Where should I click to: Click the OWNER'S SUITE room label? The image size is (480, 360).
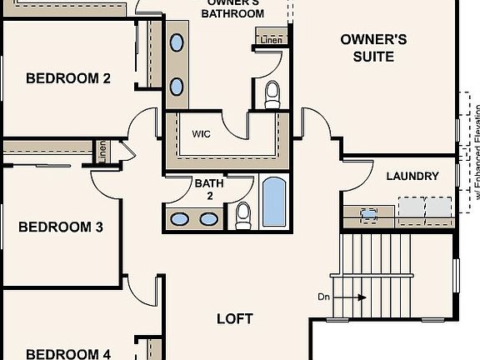(373, 47)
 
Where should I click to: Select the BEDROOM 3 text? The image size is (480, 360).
(60, 227)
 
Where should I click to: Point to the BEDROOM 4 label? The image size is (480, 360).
(68, 354)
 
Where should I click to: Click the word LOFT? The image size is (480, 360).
(234, 318)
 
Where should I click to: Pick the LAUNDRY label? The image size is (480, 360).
(412, 176)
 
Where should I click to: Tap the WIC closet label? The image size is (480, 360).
(201, 133)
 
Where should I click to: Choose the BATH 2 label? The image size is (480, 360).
(208, 188)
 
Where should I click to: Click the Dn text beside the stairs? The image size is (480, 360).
(324, 297)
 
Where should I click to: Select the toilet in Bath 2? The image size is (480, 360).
(243, 214)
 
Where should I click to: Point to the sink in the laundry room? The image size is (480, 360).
(368, 213)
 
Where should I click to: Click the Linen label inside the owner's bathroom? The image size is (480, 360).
(271, 39)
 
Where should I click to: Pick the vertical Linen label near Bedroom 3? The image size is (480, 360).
(102, 152)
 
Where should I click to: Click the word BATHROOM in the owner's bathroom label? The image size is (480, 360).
(235, 12)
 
